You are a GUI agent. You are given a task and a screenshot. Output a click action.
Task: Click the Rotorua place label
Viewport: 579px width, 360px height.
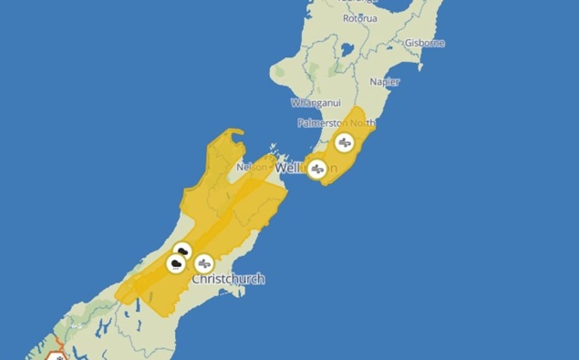[x=359, y=18]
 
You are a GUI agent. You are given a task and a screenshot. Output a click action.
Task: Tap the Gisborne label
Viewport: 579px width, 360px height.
[x=425, y=42]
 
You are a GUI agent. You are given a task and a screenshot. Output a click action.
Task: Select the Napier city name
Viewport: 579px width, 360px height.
[x=384, y=82]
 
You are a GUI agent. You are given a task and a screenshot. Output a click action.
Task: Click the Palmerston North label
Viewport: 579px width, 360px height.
[x=336, y=123]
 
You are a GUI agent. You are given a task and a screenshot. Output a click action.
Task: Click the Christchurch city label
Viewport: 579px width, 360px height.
[x=228, y=279]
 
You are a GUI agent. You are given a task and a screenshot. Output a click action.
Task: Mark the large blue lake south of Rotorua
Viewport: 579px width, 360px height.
[x=347, y=49]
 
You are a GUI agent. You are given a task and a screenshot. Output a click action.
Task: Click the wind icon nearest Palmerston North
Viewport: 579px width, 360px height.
[x=345, y=142]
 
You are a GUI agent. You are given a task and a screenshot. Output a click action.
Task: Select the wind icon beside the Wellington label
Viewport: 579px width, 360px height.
[x=316, y=170]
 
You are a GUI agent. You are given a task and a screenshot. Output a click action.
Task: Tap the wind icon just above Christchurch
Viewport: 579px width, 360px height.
[x=204, y=263]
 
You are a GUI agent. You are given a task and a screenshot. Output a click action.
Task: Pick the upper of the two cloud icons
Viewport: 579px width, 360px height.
[x=182, y=251]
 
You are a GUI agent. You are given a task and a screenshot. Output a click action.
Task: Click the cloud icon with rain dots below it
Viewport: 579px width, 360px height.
[x=174, y=264]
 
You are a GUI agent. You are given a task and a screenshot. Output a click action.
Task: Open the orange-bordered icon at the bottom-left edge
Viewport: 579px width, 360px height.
[x=58, y=355]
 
